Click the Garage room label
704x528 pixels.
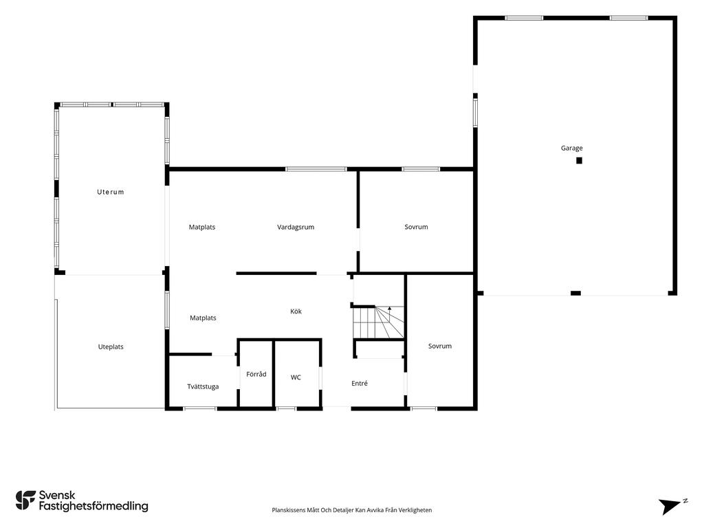point(571,148)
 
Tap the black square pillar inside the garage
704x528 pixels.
point(579,160)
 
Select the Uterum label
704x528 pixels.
point(111,192)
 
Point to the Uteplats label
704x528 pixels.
point(111,346)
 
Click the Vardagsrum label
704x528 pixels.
point(296,227)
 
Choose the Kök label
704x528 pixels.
point(296,311)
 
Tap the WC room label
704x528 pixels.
point(296,377)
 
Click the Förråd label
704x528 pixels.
point(256,374)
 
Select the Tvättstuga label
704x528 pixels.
point(203,386)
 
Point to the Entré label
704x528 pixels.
point(359,383)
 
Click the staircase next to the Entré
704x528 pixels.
point(379,322)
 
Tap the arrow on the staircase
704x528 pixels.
point(390,309)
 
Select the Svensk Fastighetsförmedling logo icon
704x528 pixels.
point(25,500)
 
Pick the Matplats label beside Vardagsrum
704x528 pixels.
point(202,227)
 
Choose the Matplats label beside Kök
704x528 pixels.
point(203,318)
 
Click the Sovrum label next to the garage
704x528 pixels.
point(416,227)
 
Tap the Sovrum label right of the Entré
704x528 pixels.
point(440,346)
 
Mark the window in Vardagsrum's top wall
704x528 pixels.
point(316,169)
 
